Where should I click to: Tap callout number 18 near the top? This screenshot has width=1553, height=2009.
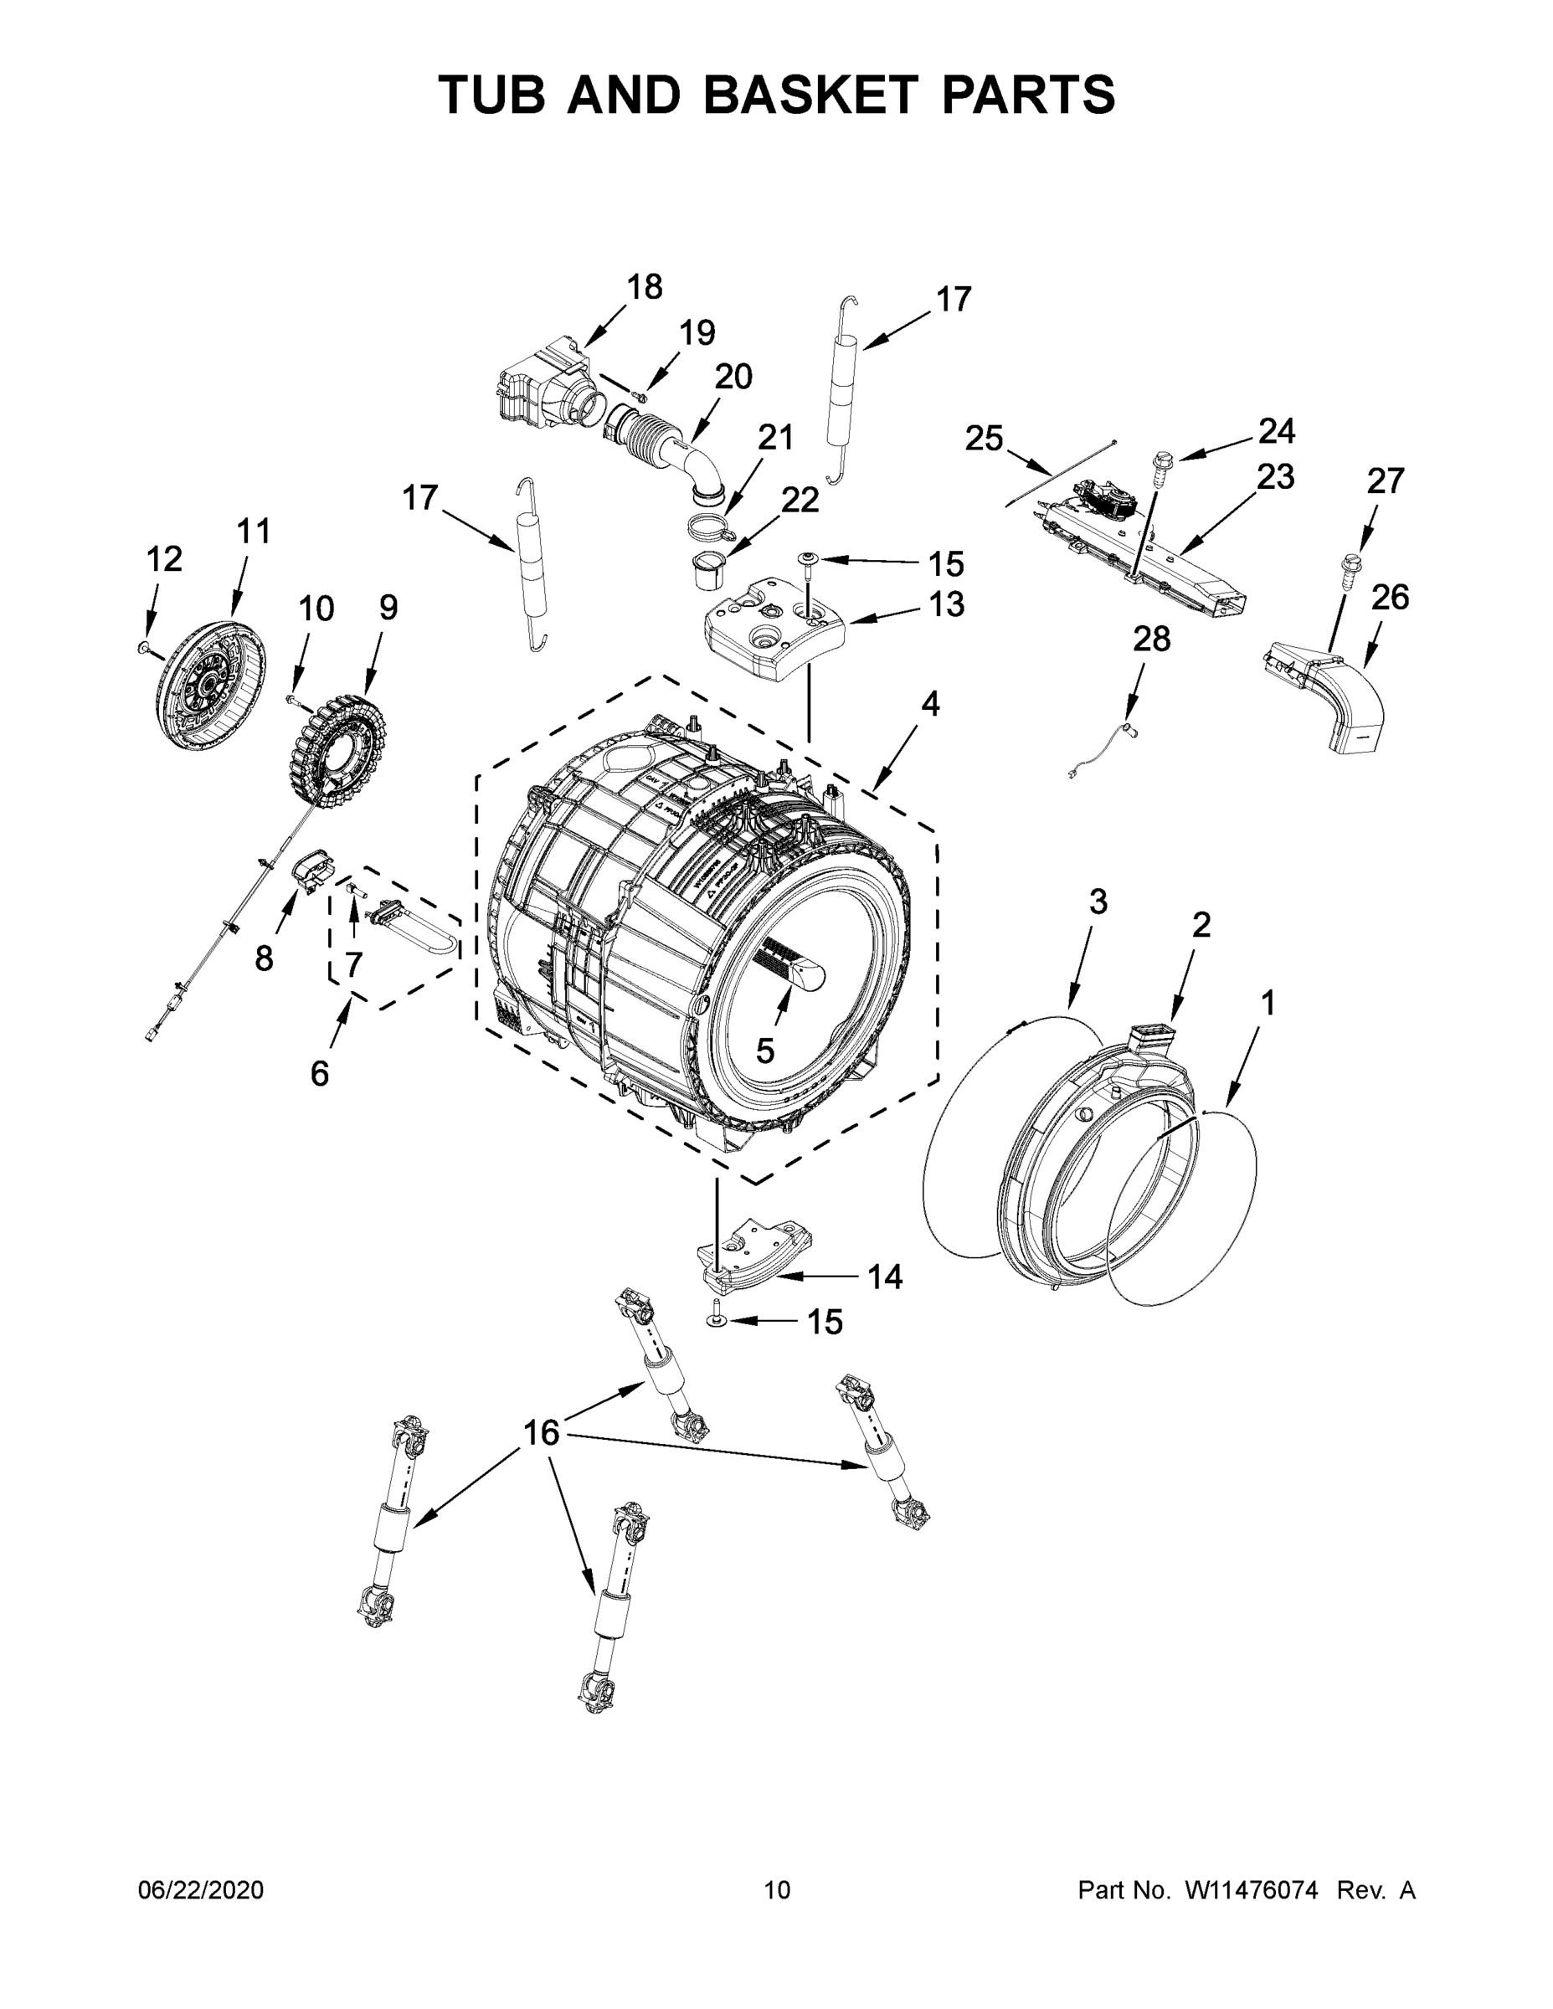coord(644,287)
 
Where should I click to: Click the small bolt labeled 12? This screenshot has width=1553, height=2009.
coord(143,649)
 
